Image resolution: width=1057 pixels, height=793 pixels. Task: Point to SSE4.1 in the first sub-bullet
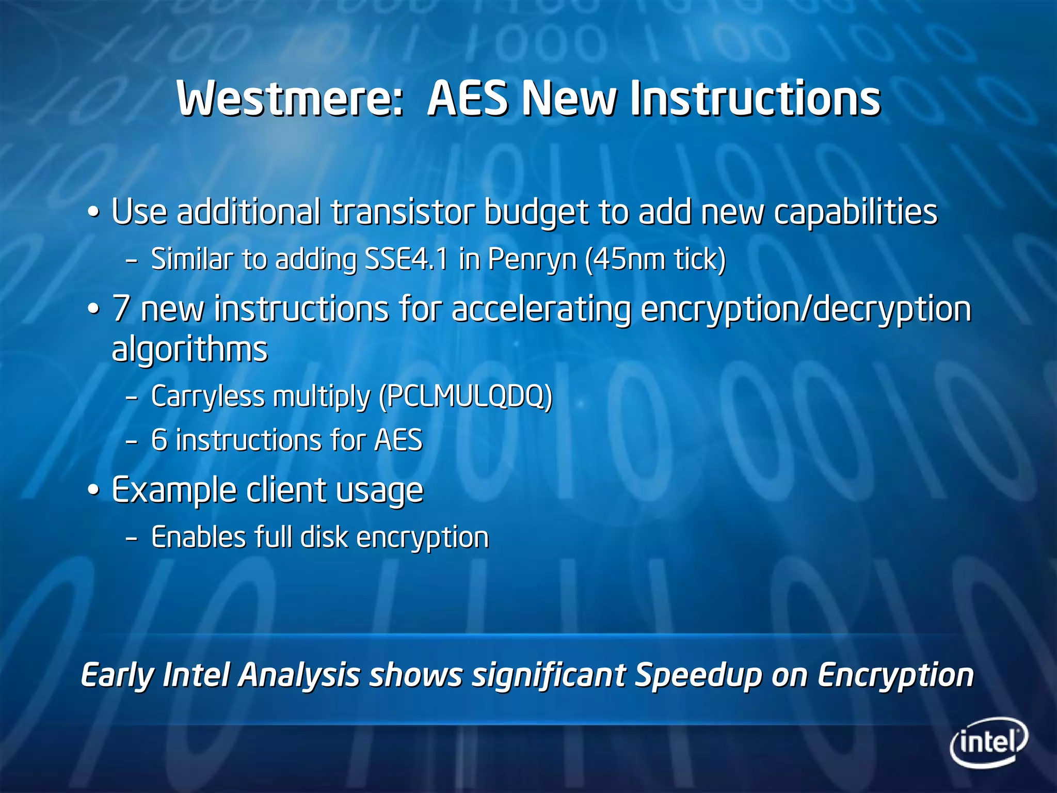pyautogui.click(x=406, y=259)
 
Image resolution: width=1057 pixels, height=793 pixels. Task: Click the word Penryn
pyautogui.click(x=532, y=260)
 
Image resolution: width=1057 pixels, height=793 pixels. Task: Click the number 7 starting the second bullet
pyautogui.click(x=121, y=309)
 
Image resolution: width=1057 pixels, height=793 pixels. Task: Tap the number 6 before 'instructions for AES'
pyautogui.click(x=159, y=440)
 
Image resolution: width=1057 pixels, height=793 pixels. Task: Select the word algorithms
pyautogui.click(x=189, y=350)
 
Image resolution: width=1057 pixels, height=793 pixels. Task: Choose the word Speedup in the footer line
pyautogui.click(x=698, y=676)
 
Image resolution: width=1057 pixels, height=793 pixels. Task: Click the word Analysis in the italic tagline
pyautogui.click(x=299, y=676)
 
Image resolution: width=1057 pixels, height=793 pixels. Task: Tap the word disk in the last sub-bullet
pyautogui.click(x=324, y=537)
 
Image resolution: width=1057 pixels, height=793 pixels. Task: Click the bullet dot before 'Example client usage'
pyautogui.click(x=93, y=491)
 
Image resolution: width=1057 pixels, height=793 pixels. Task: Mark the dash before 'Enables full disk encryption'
pyautogui.click(x=132, y=539)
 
